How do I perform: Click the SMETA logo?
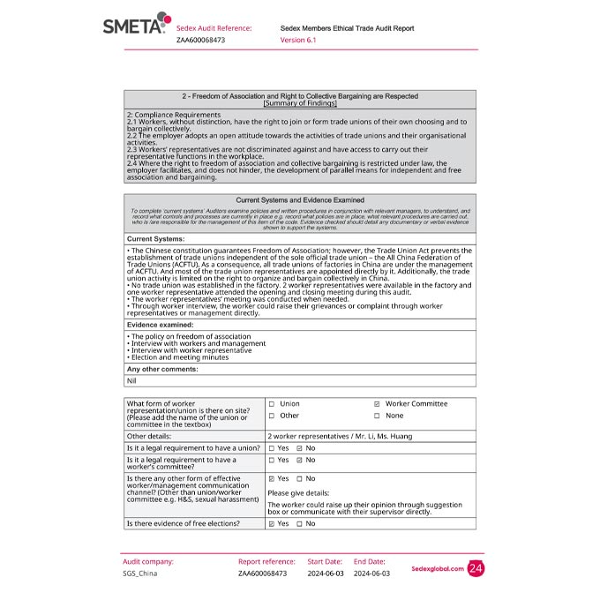pos(133,26)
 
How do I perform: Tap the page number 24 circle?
pos(476,569)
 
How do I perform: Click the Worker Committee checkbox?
pos(377,404)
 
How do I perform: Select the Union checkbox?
pos(272,404)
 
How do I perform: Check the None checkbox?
pos(377,416)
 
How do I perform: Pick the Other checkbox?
pos(272,416)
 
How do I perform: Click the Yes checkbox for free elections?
pos(272,523)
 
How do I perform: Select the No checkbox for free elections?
pos(300,523)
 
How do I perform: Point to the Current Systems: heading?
pos(155,239)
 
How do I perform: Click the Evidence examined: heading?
pos(160,325)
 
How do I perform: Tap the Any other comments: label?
pos(162,369)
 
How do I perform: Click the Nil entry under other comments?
pos(131,380)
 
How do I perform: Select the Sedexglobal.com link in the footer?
pos(437,569)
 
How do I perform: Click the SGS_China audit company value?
pos(140,574)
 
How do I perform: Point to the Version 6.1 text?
pos(298,40)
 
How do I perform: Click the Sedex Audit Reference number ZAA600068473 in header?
pos(200,40)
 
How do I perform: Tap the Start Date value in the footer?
pos(325,574)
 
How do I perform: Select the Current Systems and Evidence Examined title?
pos(300,200)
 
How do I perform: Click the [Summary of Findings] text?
pos(300,103)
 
